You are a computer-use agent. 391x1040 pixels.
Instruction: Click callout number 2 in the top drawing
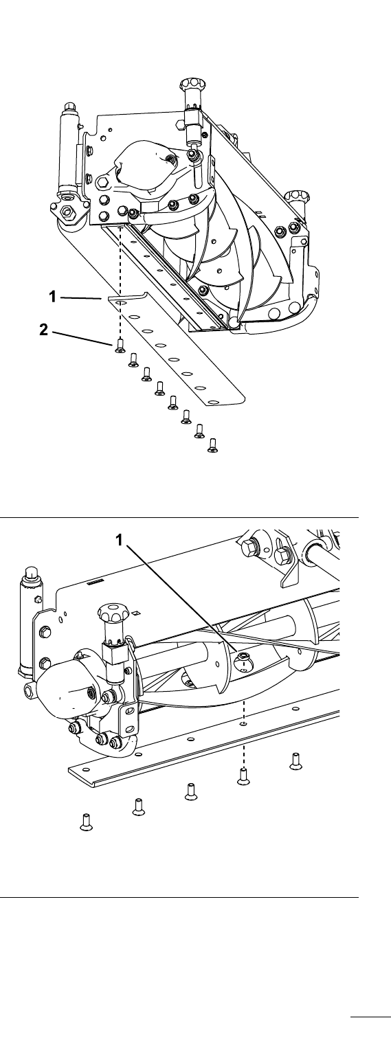(44, 330)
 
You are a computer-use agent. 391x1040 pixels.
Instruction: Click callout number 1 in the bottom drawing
(120, 540)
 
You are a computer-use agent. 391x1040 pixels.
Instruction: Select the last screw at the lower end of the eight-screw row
(213, 445)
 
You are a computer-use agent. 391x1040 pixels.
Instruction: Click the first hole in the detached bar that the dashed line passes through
(122, 303)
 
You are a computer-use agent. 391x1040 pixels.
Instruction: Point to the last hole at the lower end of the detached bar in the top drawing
(214, 402)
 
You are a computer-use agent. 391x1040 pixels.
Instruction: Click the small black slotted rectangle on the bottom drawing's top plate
(94, 581)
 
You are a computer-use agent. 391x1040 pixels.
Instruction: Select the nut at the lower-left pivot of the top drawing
(69, 212)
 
